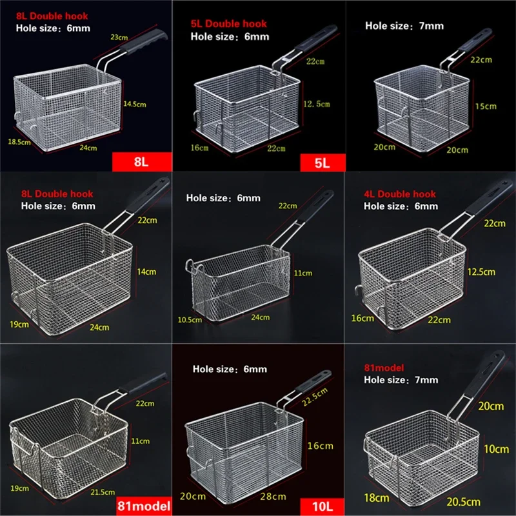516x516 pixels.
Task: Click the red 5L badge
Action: tap(321, 161)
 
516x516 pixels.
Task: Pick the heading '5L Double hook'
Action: tap(228, 24)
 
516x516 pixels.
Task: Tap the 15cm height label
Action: tap(486, 106)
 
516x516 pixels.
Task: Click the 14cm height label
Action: tap(147, 272)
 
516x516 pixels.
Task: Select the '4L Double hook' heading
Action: tap(400, 194)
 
